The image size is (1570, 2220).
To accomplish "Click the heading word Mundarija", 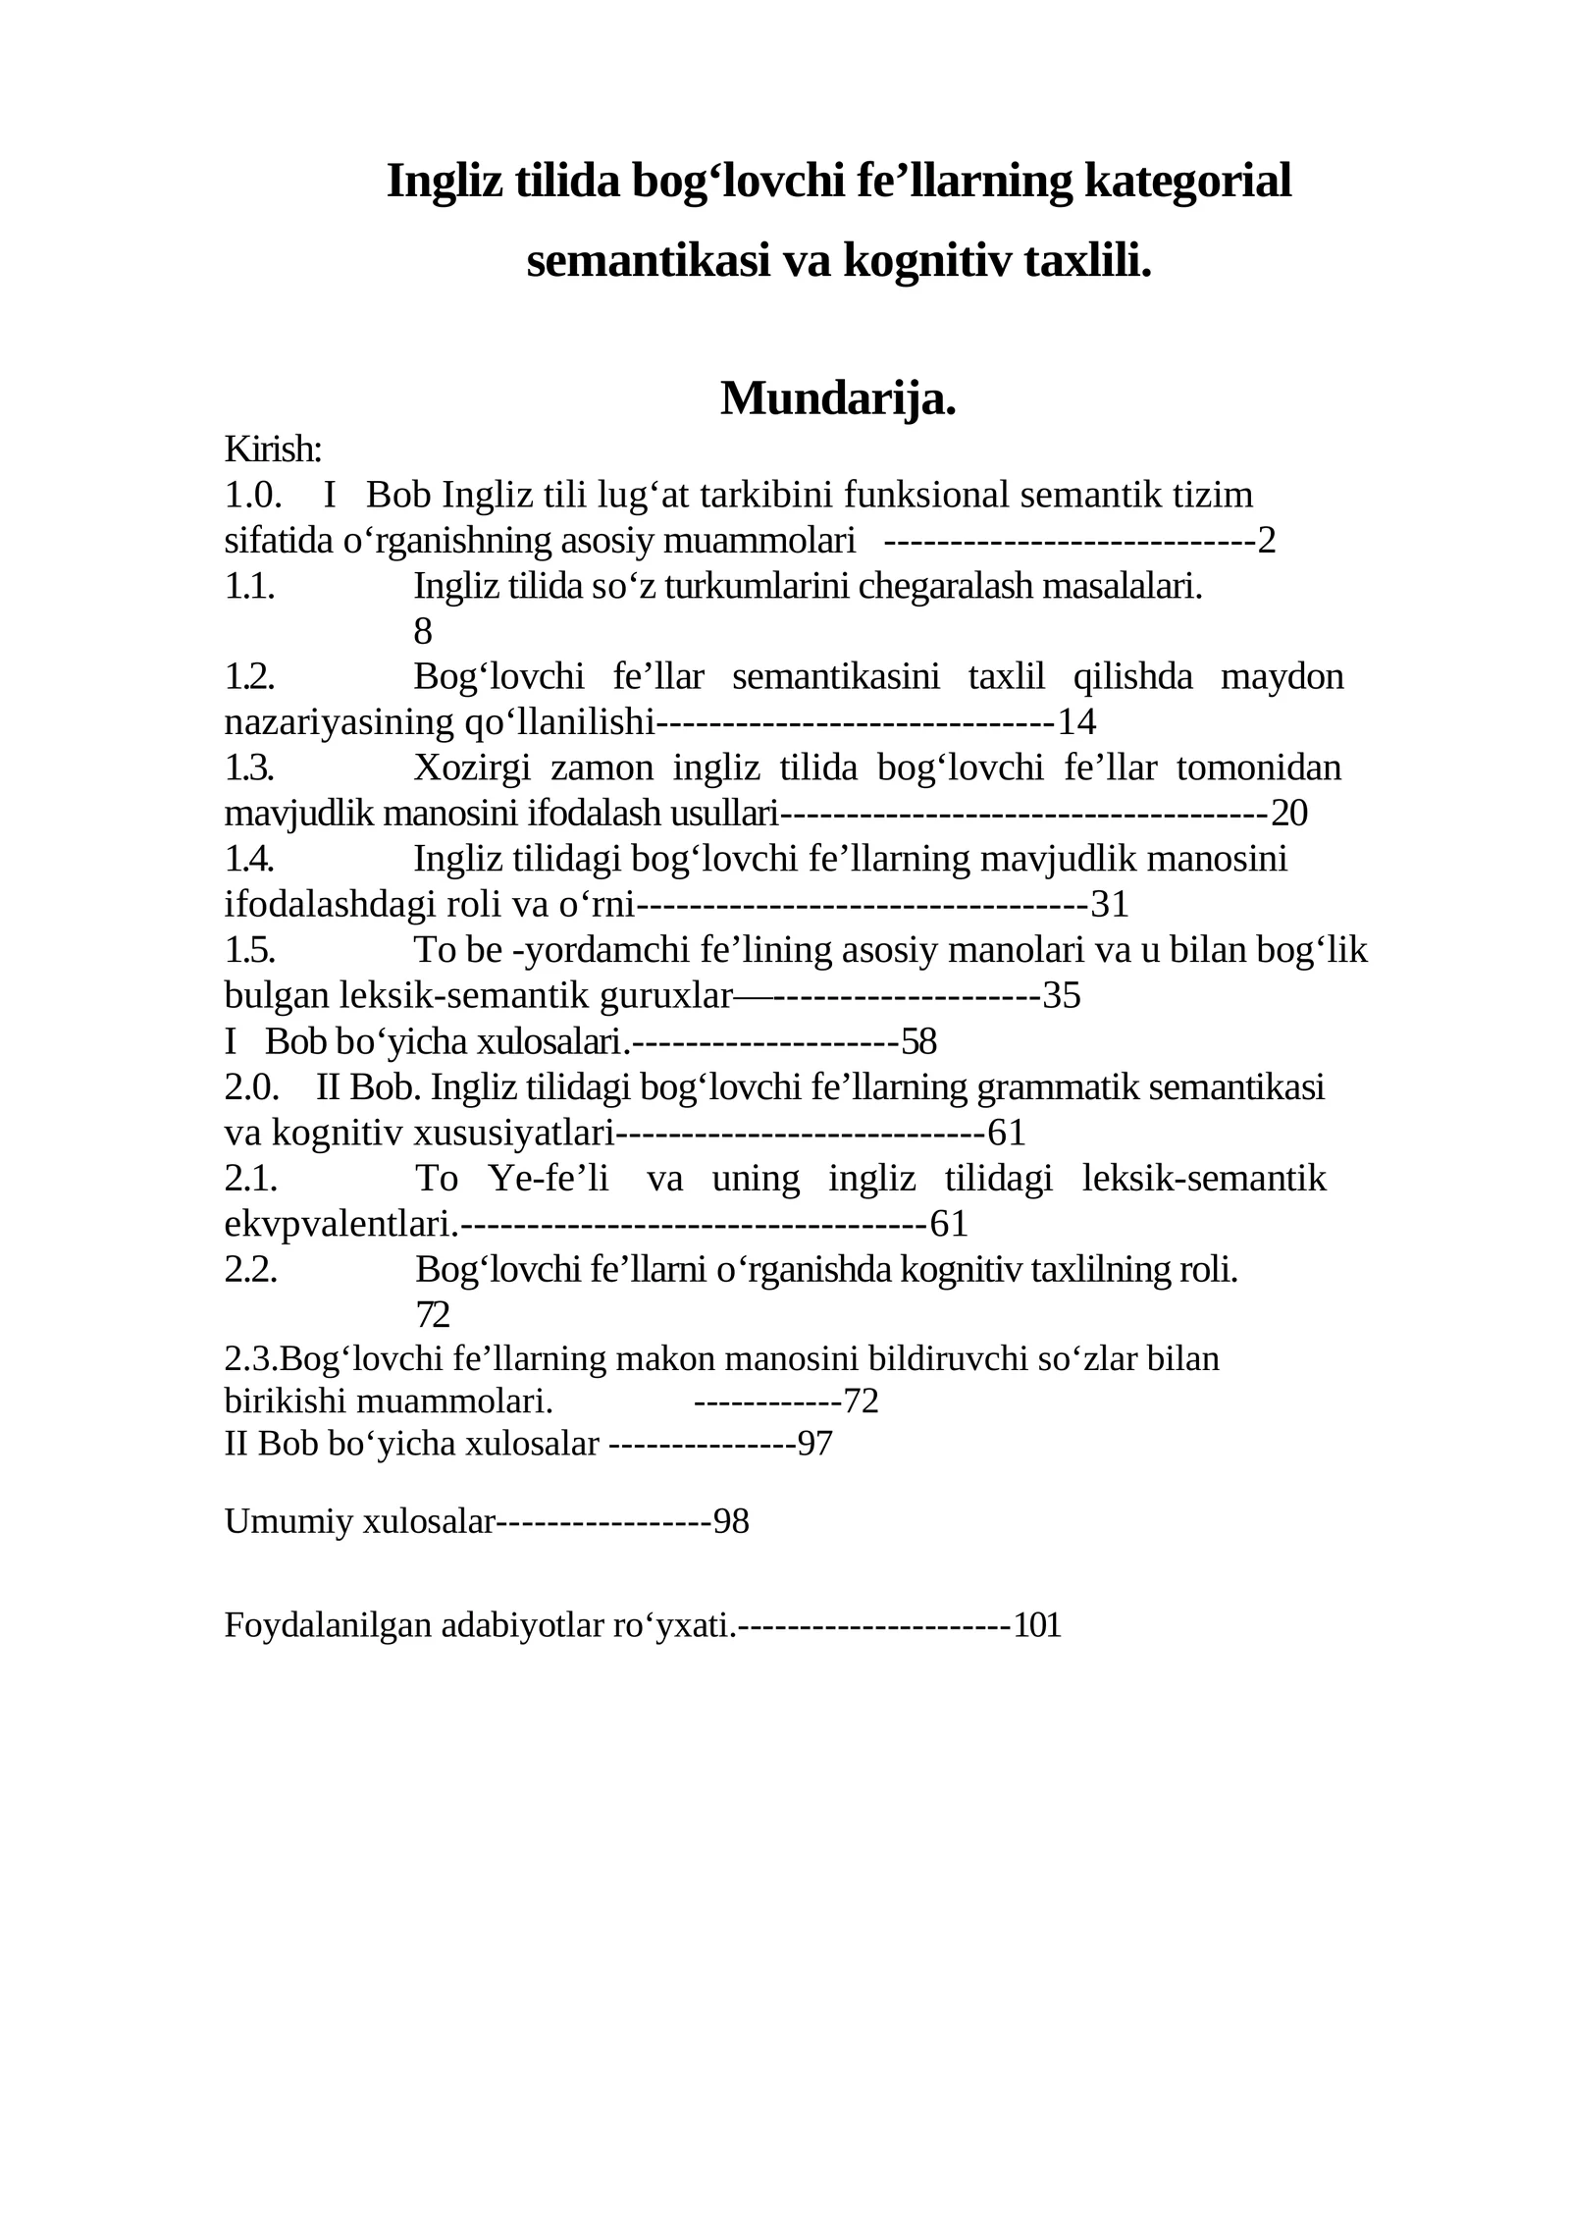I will (838, 398).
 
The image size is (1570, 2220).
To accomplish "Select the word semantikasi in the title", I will (649, 261).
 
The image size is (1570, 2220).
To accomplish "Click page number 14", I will (1076, 722).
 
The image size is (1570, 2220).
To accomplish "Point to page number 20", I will (1289, 814).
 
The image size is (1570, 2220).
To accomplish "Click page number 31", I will (1110, 904).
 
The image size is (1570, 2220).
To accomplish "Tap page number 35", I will (1061, 995).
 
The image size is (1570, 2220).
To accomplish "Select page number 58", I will (918, 1041).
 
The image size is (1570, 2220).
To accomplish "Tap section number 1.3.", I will (249, 767).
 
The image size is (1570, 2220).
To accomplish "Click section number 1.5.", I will (249, 950).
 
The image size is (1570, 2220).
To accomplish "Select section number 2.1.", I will (251, 1178).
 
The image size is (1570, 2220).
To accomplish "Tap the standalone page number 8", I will (423, 632).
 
